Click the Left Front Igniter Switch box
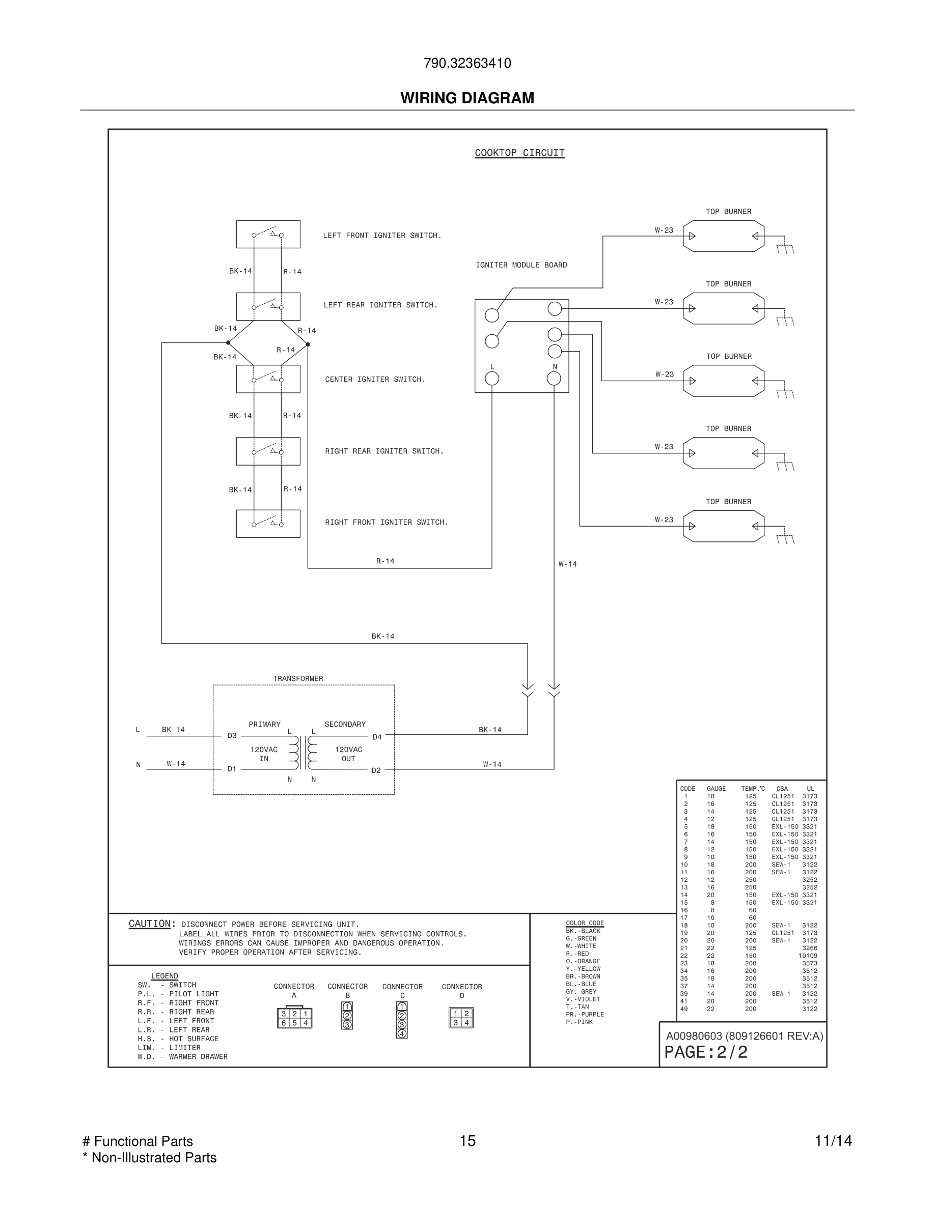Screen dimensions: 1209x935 pos(268,234)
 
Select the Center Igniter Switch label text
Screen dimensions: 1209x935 pos(375,379)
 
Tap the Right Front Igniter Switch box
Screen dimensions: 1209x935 pos(268,524)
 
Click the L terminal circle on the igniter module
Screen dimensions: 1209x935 pos(492,378)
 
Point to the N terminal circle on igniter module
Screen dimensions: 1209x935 pos(554,378)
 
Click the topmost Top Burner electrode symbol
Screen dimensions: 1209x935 pos(724,237)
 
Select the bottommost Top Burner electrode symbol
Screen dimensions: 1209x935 pos(724,526)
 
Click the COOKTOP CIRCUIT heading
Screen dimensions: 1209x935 pos(519,153)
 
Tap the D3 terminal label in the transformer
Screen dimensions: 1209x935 pos(232,736)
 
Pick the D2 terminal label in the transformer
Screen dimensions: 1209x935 pos(376,770)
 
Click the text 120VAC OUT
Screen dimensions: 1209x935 pos(348,754)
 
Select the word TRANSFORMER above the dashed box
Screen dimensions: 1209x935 pos(298,679)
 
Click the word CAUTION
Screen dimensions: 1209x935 pos(150,924)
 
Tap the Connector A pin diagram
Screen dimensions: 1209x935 pos(294,1018)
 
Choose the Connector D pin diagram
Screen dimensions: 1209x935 pos(461,1018)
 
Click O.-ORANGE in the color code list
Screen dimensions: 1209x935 pos(583,962)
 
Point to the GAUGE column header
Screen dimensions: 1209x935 pos(716,789)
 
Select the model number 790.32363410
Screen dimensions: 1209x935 pos(467,63)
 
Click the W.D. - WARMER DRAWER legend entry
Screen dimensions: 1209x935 pos(182,1057)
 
